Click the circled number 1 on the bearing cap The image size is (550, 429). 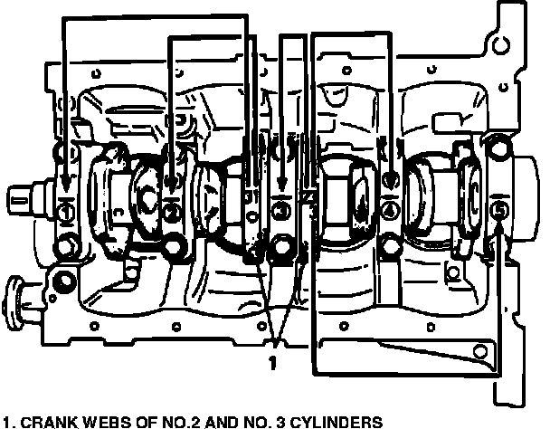(x=64, y=213)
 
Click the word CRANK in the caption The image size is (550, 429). (x=44, y=421)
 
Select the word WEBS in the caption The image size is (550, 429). (x=99, y=421)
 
